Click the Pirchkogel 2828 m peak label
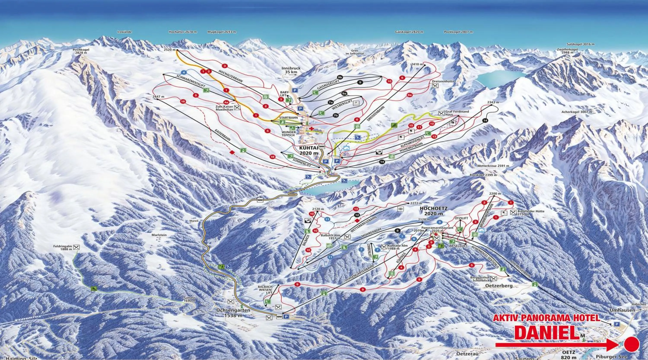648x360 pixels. [81, 51]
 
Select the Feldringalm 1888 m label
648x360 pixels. [63, 248]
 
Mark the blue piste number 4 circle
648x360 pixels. [184, 72]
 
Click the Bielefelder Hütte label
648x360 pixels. [531, 213]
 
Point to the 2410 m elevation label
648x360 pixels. [417, 64]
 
